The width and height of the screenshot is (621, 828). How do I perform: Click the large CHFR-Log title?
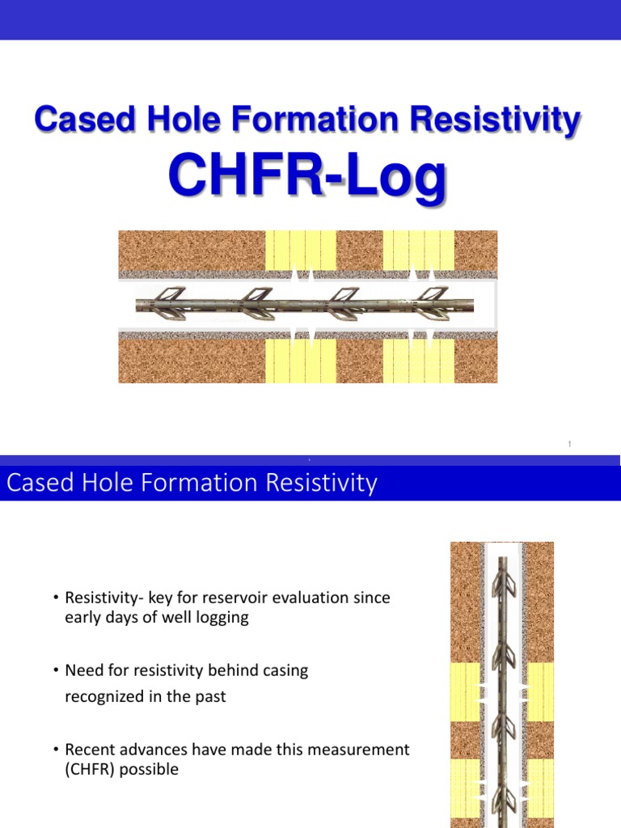306,179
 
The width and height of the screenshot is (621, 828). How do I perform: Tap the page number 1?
570,444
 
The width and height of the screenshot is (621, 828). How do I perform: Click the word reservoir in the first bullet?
239,598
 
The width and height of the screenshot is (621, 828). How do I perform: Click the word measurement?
368,750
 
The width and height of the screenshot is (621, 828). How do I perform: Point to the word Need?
84,670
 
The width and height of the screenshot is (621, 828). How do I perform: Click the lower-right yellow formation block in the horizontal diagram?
418,361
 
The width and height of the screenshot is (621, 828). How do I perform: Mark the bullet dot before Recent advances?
56,750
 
